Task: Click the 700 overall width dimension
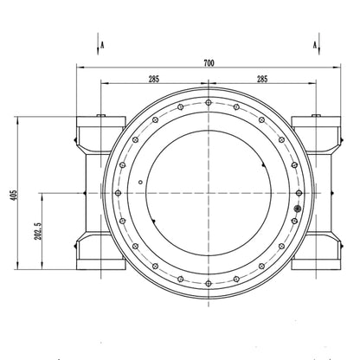tap(209, 63)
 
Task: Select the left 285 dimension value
tap(154, 79)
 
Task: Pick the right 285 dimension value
tap(262, 79)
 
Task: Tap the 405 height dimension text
tap(14, 195)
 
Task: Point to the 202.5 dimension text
tap(38, 231)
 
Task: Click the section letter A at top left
tap(102, 45)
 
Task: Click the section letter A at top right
tap(315, 45)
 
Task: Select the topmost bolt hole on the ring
tap(209, 102)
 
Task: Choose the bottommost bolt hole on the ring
tap(209, 284)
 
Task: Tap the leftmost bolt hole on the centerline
tap(118, 193)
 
